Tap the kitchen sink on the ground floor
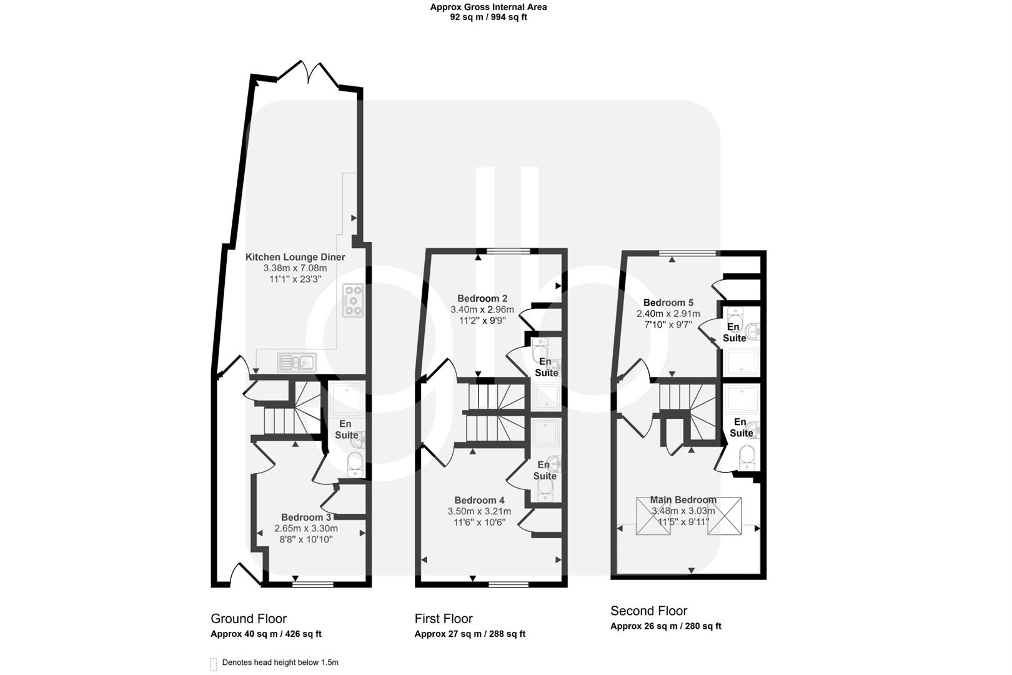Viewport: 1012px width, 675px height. [x=297, y=361]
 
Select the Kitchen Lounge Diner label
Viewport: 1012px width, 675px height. [x=295, y=257]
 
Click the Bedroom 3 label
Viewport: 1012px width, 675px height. [x=306, y=517]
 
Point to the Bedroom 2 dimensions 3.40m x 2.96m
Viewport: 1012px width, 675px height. [x=482, y=309]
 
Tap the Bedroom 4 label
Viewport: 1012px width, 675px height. [x=479, y=500]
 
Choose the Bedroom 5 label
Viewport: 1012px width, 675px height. [x=668, y=302]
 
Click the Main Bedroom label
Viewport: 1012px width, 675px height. [x=683, y=499]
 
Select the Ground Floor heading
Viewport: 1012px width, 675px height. [x=249, y=619]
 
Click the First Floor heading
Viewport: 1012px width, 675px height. [x=444, y=619]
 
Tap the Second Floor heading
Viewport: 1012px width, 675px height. [x=648, y=611]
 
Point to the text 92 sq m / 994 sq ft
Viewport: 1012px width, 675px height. [x=488, y=17]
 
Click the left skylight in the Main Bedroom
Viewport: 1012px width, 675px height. [x=652, y=516]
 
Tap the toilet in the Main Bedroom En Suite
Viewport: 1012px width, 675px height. [x=747, y=458]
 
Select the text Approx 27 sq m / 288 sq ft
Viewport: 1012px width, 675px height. [x=470, y=634]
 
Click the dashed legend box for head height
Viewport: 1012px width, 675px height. [x=214, y=664]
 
